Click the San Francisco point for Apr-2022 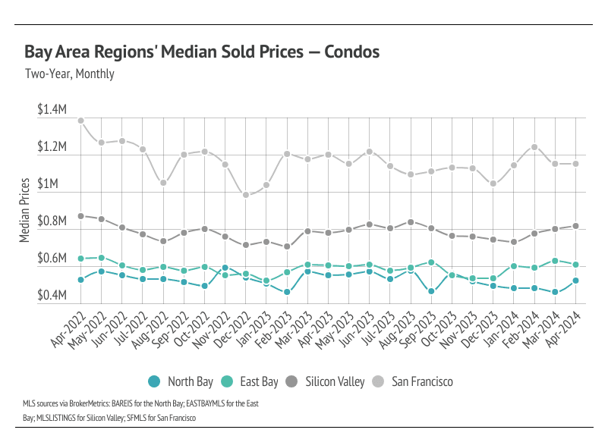(81, 121)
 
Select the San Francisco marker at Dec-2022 (246, 195)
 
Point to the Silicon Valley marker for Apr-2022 (81, 216)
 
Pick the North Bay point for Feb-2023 (287, 292)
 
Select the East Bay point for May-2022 (102, 258)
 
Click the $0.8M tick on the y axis (52, 221)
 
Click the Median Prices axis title (25, 210)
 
